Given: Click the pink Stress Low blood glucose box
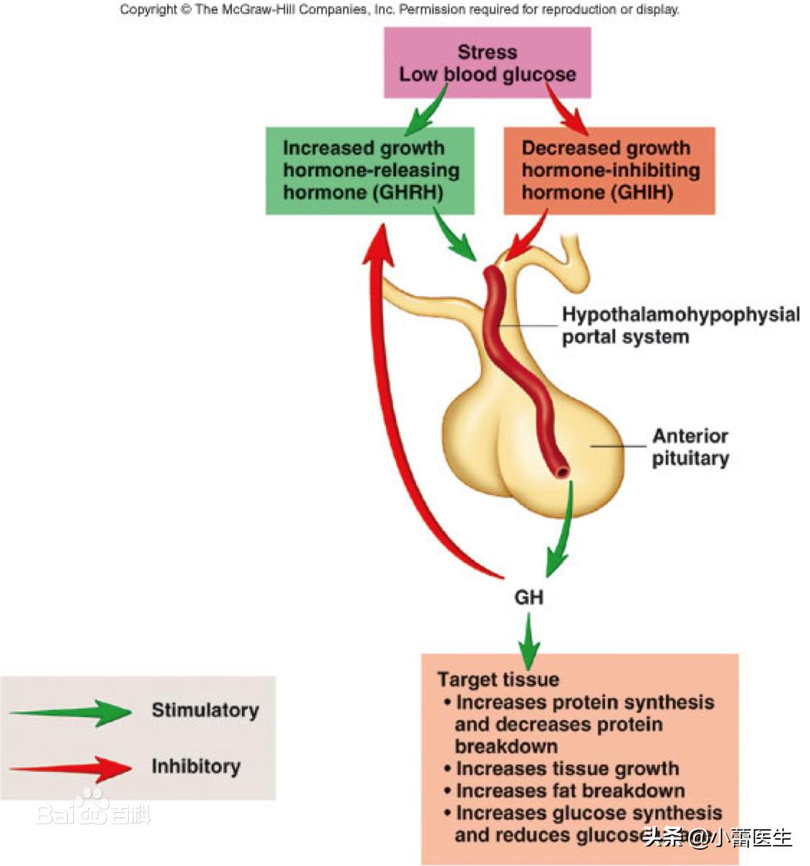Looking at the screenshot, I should [487, 63].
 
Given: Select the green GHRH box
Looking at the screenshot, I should [370, 170].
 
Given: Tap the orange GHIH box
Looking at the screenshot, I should [609, 170].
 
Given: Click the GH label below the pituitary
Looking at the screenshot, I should [529, 597].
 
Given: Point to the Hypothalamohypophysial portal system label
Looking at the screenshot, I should [680, 325].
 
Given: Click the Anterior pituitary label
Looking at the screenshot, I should [690, 447].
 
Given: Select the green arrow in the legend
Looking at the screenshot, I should [73, 712].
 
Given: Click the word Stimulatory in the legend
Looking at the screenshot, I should [205, 710].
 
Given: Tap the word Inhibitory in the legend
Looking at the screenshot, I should [196, 767].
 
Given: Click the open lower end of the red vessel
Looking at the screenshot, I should [563, 470].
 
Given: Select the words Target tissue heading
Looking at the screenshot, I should [498, 679].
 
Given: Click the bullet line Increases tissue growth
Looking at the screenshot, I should [567, 769].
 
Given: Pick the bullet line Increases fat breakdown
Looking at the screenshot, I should [570, 790].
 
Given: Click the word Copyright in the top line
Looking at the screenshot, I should [150, 10].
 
